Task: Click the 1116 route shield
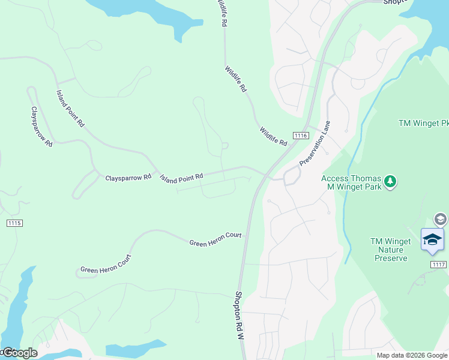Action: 301,136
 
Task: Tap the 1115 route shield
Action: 14,223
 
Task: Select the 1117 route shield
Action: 438,264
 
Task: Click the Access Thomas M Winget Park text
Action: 352,182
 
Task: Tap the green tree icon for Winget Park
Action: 390,181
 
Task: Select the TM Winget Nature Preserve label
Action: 391,250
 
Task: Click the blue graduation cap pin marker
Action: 432,239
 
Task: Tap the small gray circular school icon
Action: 441,219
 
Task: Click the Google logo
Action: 19,353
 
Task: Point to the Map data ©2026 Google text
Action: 412,355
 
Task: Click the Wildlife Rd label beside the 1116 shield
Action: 274,137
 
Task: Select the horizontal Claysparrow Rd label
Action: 128,178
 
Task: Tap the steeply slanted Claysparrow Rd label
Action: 42,127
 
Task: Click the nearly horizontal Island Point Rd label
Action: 181,177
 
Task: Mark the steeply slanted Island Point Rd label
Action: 70,109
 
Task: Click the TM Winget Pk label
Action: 423,123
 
